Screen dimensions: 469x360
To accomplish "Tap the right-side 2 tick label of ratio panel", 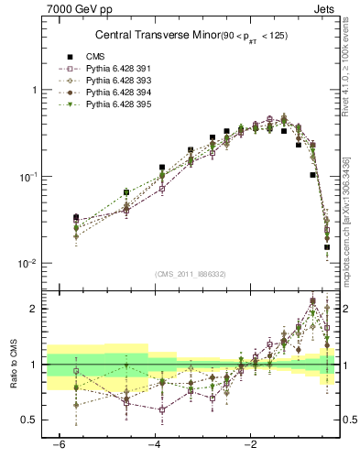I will pyautogui.click(x=346, y=310).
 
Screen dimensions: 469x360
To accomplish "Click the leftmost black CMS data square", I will pyautogui.click(x=76, y=218).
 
